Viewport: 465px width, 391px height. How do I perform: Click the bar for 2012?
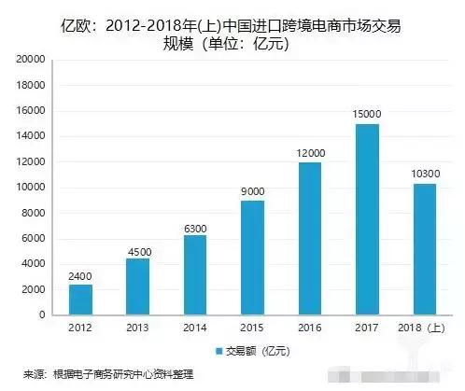80,300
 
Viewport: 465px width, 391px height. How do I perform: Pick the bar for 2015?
252,258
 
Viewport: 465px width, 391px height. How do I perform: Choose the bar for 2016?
309,239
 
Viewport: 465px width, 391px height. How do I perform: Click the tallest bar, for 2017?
366,219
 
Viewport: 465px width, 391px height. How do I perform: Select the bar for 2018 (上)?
424,249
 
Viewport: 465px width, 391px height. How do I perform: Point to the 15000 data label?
366,113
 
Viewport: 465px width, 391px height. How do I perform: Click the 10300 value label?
424,174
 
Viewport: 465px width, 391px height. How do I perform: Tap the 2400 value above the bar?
80,274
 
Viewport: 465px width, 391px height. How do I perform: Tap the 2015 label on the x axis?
252,328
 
